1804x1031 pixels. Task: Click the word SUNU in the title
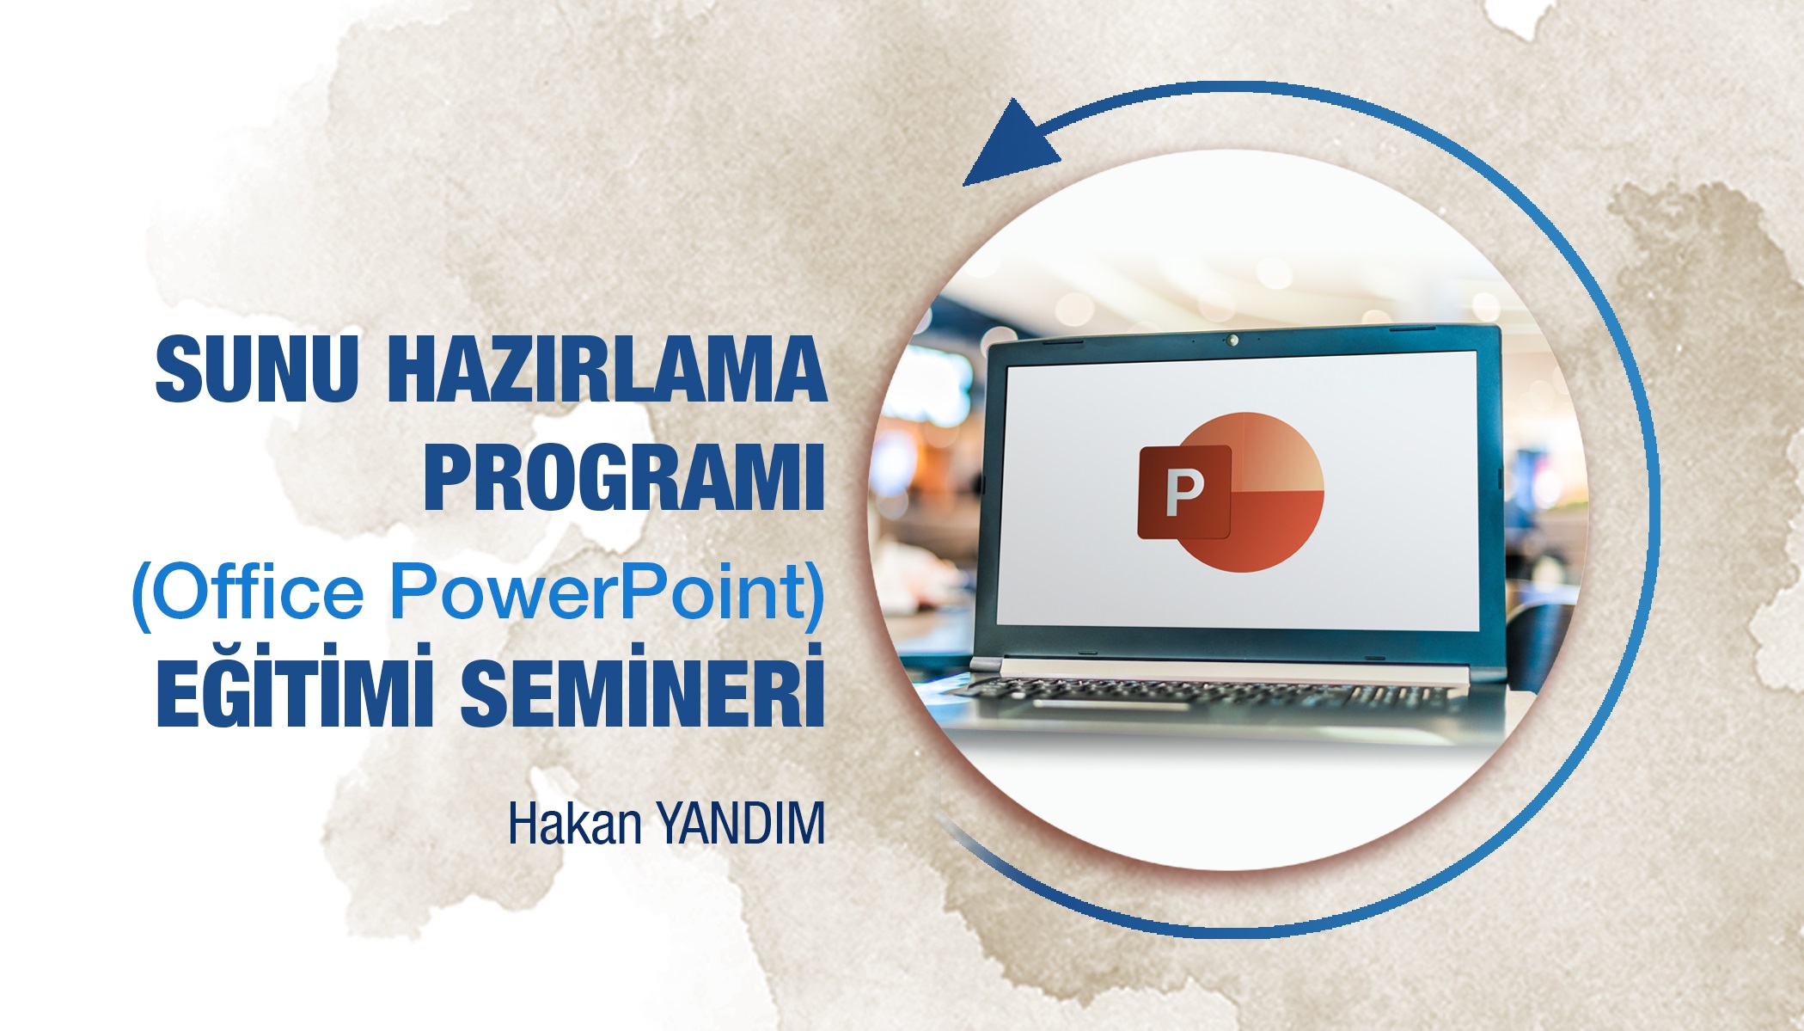(256, 369)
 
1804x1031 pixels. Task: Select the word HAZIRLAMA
(607, 369)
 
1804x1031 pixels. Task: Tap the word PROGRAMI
(624, 477)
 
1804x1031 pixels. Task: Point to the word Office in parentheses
(258, 592)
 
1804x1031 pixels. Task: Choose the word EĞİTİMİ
(295, 692)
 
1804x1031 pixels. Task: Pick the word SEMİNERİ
(642, 692)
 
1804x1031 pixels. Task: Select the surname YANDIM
(741, 824)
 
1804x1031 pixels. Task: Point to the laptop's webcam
(1233, 340)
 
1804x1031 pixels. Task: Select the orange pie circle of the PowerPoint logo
(1272, 507)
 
